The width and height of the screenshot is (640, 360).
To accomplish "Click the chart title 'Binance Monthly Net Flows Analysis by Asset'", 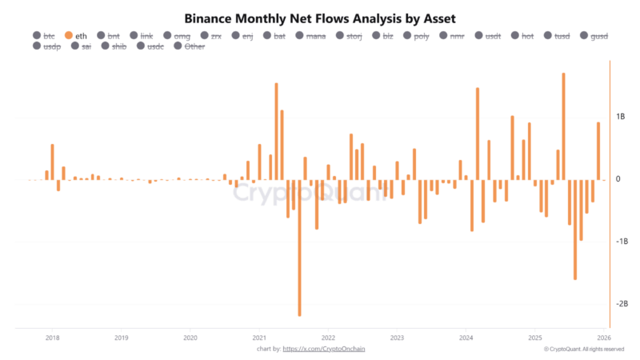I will coord(319,17).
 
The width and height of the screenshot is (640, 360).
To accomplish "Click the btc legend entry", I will coord(43,35).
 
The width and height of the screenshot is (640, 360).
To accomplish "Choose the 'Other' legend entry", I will coord(189,46).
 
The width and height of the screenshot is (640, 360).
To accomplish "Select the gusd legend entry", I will coord(593,35).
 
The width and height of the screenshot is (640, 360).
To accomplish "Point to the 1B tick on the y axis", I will coord(620,117).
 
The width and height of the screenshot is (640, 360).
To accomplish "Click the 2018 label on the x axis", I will coord(52,338).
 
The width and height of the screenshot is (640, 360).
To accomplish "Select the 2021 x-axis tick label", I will coord(258,338).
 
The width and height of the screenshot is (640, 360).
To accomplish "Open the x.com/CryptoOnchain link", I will coord(330,349).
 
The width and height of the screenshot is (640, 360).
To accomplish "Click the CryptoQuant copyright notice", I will coord(588,349).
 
